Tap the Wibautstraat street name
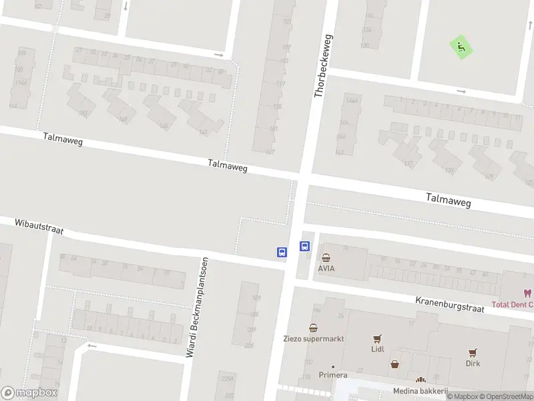tap(39, 225)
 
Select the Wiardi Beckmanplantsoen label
tap(198, 307)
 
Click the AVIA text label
tap(326, 269)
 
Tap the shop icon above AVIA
tap(326, 258)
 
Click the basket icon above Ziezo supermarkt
tap(313, 327)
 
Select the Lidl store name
tap(378, 349)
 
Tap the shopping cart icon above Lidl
tap(378, 338)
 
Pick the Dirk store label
tap(473, 364)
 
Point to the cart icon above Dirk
tap(473, 352)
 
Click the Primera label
tap(333, 375)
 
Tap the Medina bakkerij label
tap(420, 391)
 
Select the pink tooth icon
tap(527, 293)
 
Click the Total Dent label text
tap(512, 305)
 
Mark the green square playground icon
tap(461, 47)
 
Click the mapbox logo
tap(29, 392)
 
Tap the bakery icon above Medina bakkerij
tap(421, 381)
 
